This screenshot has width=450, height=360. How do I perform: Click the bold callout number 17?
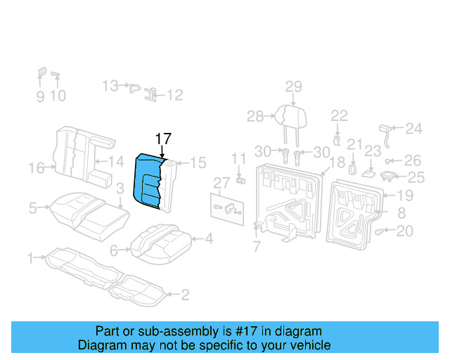[162, 139]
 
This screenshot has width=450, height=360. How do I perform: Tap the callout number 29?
[293, 86]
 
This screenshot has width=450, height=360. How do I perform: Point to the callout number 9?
[40, 96]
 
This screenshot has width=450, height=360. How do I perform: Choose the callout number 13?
[110, 86]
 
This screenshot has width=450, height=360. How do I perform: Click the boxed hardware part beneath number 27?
[227, 207]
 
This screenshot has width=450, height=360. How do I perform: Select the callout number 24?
[414, 129]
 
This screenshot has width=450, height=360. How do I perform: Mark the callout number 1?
[30, 259]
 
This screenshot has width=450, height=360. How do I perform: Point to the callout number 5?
[32, 207]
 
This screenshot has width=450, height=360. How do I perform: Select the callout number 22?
[339, 115]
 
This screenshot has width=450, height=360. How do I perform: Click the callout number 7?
[257, 247]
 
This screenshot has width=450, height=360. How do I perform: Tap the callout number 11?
[239, 158]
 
